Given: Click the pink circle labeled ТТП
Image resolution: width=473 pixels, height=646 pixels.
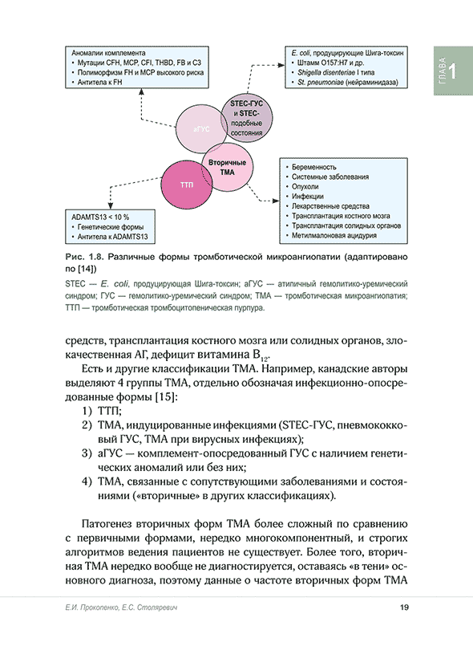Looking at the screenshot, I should click(187, 185).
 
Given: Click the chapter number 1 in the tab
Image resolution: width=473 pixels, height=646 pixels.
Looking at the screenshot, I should click(453, 71).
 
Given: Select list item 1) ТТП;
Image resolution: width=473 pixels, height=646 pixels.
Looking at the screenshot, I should click(98, 411).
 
